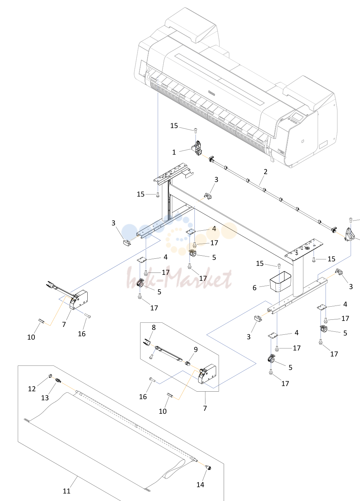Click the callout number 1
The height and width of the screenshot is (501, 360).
pyautogui.click(x=174, y=152)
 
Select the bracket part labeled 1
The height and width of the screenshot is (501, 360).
pyautogui.click(x=197, y=148)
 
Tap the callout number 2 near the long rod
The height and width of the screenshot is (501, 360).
pyautogui.click(x=265, y=172)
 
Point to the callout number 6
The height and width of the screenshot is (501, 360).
pyautogui.click(x=254, y=288)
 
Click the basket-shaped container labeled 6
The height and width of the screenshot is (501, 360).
pyautogui.click(x=280, y=282)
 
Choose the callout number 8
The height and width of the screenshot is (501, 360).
pyautogui.click(x=154, y=327)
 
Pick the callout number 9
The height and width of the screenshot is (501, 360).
pyautogui.click(x=196, y=349)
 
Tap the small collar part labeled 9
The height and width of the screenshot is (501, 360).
pyautogui.click(x=188, y=363)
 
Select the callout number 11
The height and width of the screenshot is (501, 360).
pyautogui.click(x=67, y=491)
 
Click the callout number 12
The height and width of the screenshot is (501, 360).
pyautogui.click(x=32, y=389)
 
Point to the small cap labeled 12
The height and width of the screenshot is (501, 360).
pyautogui.click(x=50, y=375)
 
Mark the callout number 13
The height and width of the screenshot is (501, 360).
pyautogui.click(x=45, y=398)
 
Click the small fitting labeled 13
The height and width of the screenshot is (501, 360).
pyautogui.click(x=58, y=380)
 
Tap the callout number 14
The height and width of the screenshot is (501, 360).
pyautogui.click(x=200, y=485)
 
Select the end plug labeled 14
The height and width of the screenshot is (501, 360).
pyautogui.click(x=209, y=467)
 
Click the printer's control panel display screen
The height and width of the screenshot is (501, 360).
pyautogui.click(x=297, y=116)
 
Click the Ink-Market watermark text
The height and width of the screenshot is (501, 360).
pyautogui.click(x=179, y=279)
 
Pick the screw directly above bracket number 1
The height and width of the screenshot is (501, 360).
pyautogui.click(x=196, y=130)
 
